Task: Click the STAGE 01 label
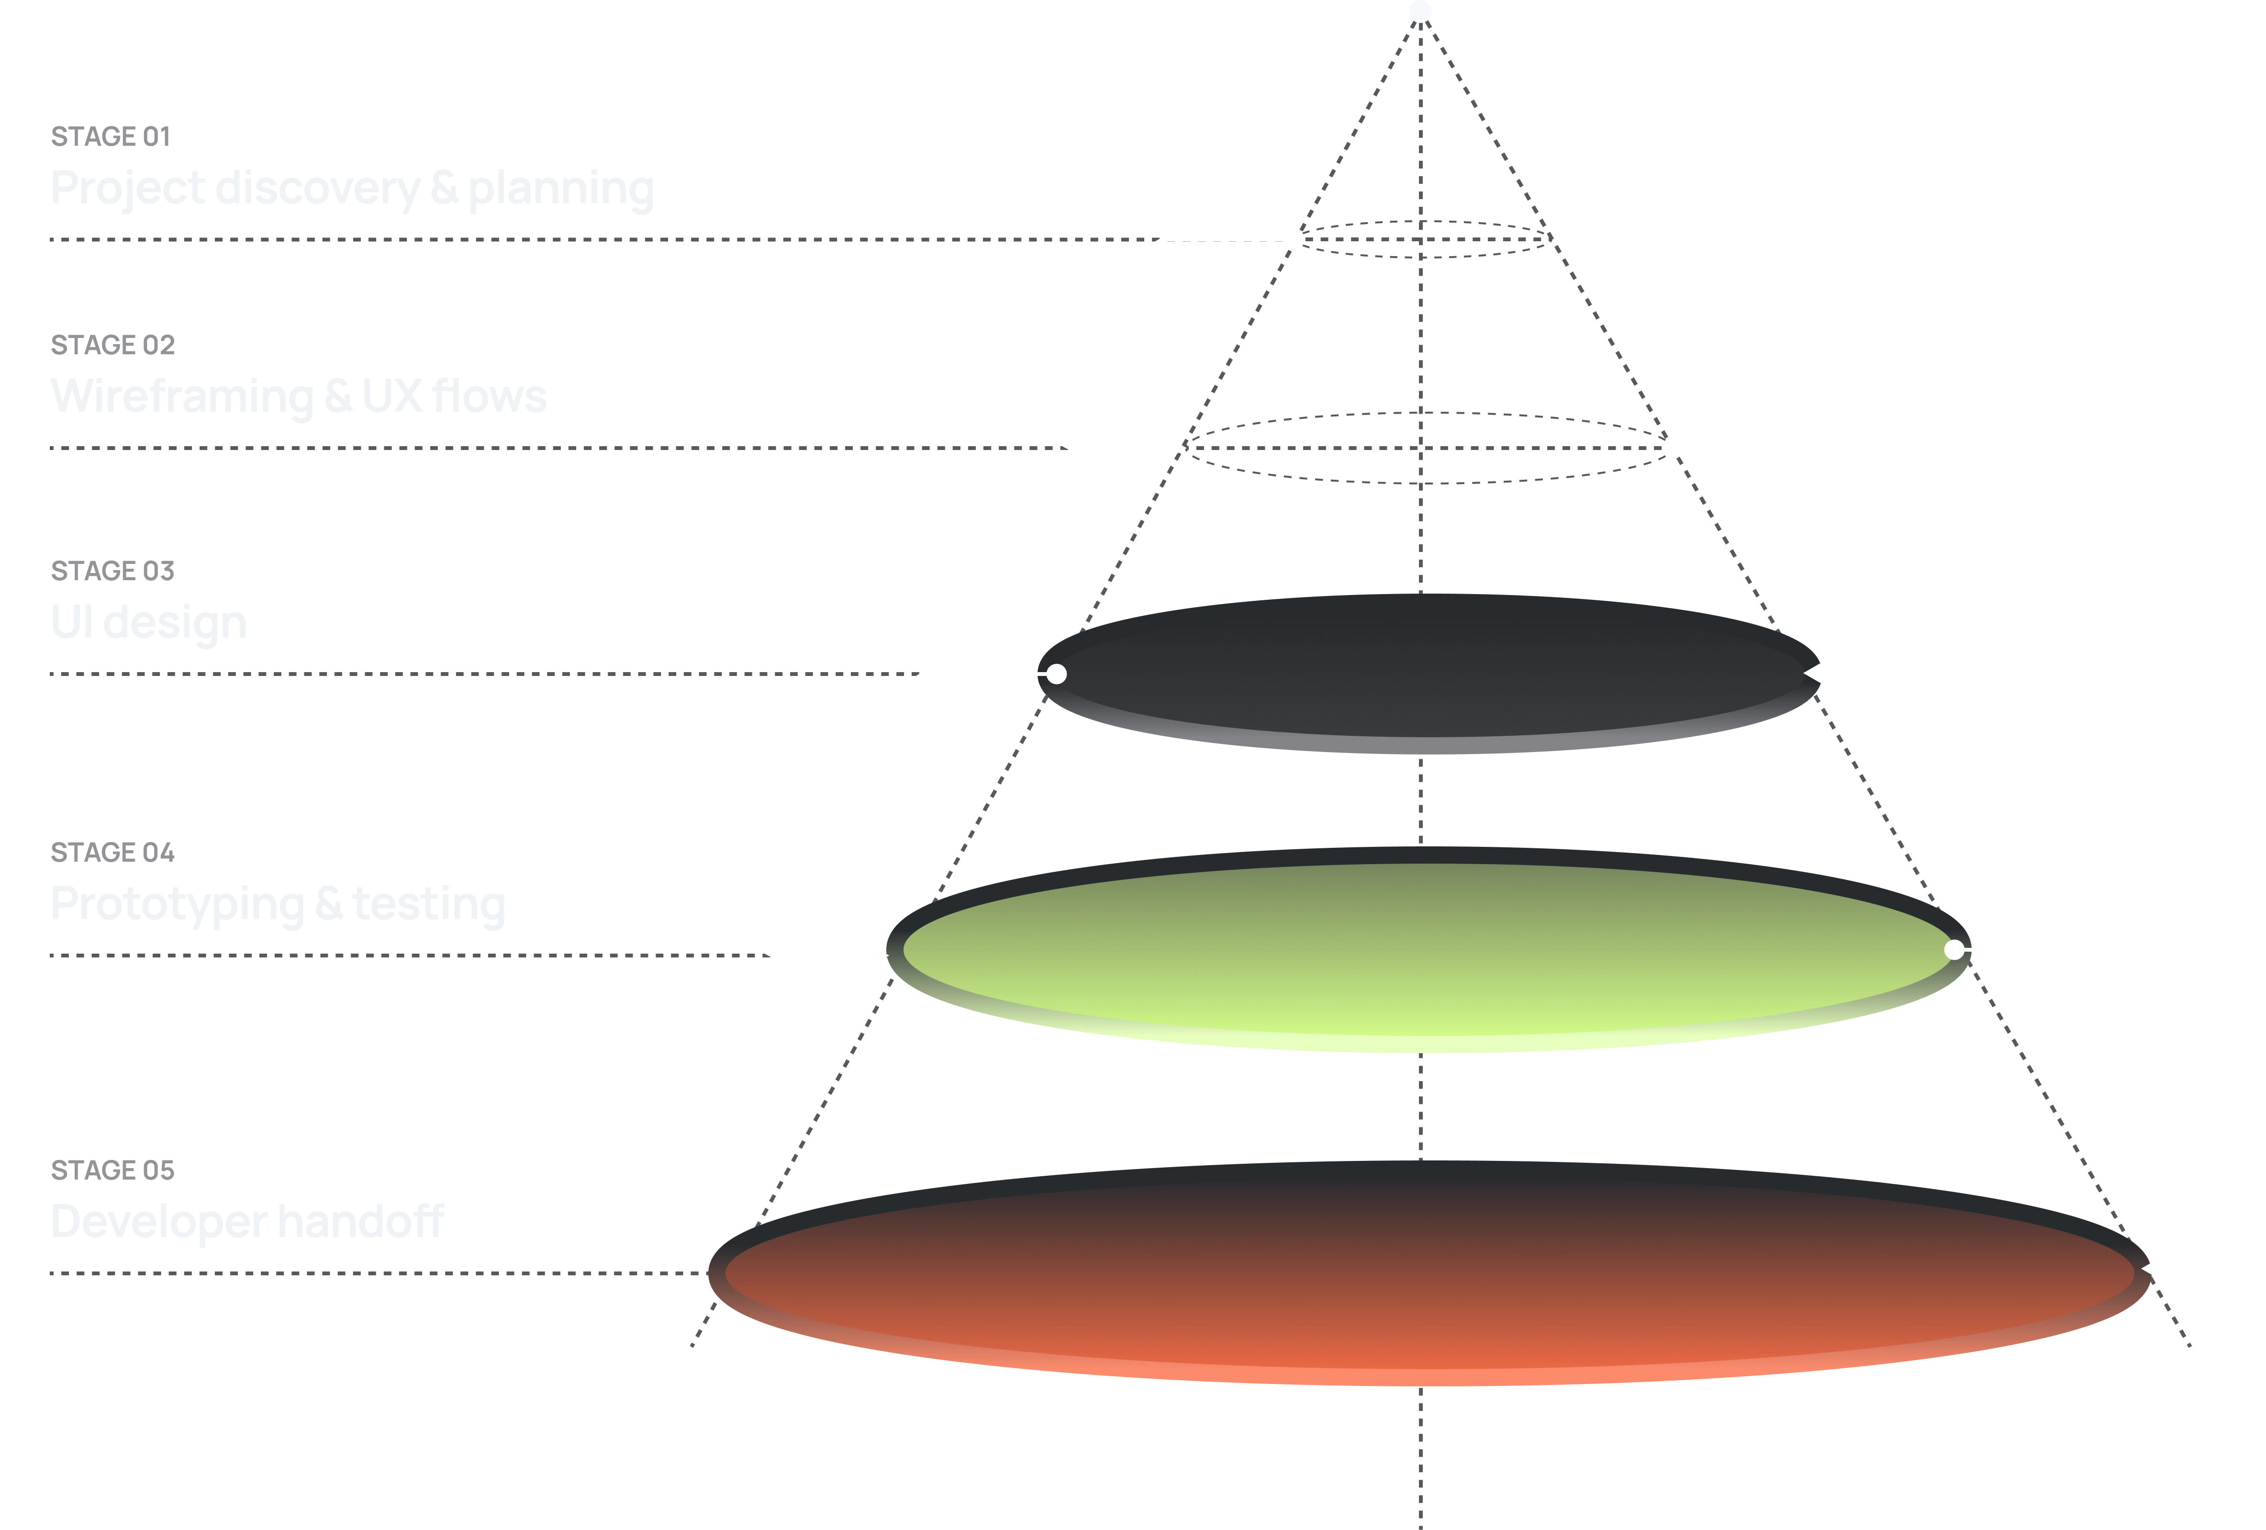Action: pyautogui.click(x=109, y=137)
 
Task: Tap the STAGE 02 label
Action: pyautogui.click(x=112, y=345)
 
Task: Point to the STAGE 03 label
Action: pyautogui.click(x=112, y=571)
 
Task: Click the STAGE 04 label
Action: pyautogui.click(x=112, y=852)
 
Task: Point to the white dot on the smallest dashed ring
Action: pyautogui.click(x=1294, y=238)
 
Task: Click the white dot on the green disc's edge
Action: pyautogui.click(x=1954, y=949)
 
